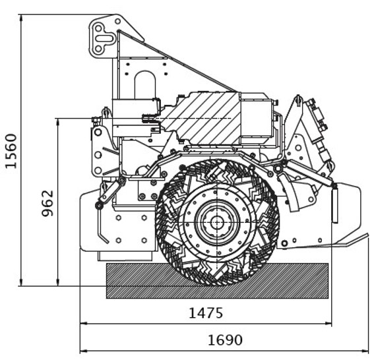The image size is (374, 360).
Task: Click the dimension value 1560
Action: click(x=11, y=151)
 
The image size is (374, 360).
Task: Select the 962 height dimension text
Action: click(x=47, y=203)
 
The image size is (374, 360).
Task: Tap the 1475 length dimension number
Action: click(x=206, y=313)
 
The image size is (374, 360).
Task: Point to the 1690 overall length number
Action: click(x=225, y=340)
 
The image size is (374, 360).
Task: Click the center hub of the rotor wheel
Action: click(x=217, y=223)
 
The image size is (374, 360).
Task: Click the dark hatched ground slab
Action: click(x=217, y=281)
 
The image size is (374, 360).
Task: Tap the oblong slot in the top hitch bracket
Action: click(x=104, y=38)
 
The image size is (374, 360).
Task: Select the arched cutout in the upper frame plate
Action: click(x=145, y=84)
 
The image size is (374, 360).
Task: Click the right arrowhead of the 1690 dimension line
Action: click(x=367, y=351)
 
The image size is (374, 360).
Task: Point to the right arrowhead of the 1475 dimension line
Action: click(x=329, y=324)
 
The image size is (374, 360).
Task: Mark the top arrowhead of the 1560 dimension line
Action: click(x=21, y=18)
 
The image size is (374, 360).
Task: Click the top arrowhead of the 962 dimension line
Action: click(x=57, y=122)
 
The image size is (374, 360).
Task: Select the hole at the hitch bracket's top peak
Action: click(x=117, y=21)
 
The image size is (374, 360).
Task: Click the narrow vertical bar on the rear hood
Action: click(x=335, y=204)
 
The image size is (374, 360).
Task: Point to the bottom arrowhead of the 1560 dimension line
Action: click(x=21, y=282)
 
